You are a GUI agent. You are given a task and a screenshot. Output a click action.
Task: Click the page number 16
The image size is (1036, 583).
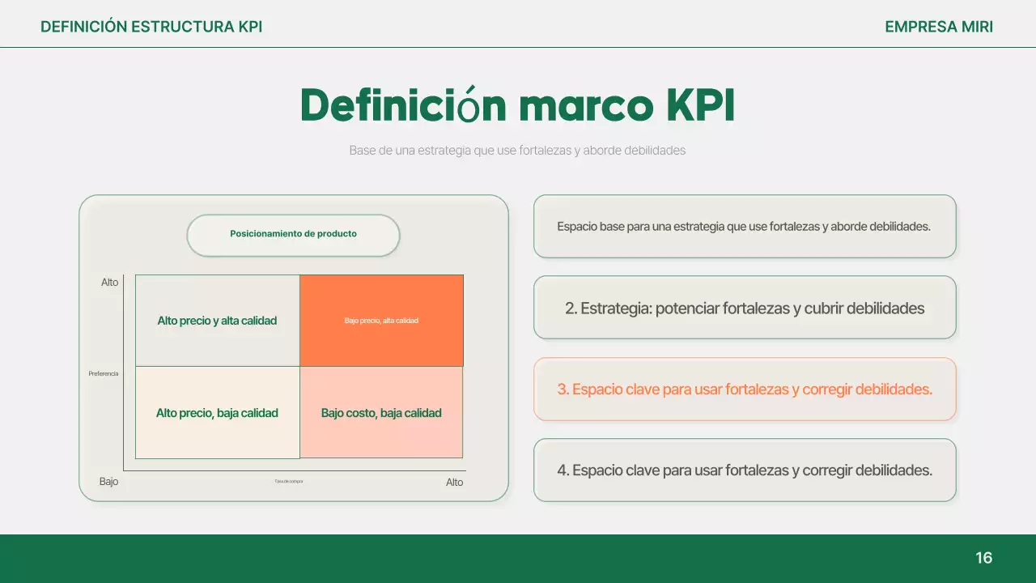click(x=983, y=558)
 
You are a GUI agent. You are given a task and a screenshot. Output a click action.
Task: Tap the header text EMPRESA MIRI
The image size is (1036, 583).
click(x=939, y=27)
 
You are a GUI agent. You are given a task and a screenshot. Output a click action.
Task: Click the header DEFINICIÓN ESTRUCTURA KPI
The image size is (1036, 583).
click(x=151, y=27)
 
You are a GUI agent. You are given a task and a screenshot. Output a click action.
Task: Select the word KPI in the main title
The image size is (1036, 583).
click(x=700, y=105)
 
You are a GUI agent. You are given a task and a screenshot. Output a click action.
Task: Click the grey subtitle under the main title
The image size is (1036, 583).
click(x=517, y=151)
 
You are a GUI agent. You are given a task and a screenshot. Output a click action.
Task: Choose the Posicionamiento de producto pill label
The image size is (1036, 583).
click(x=293, y=234)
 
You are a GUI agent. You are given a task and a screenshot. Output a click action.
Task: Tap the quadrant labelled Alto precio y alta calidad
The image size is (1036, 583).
click(x=217, y=321)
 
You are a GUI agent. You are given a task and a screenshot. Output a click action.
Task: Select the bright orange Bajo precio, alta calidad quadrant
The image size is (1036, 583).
click(x=381, y=321)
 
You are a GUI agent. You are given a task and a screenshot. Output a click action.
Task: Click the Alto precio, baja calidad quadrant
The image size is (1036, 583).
click(x=217, y=413)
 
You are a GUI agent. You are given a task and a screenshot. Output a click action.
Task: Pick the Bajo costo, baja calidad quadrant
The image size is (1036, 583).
click(x=381, y=413)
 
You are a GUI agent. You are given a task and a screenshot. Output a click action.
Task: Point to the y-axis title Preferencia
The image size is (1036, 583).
click(x=104, y=373)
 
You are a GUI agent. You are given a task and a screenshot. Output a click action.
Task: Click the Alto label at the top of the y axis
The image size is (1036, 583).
click(x=109, y=283)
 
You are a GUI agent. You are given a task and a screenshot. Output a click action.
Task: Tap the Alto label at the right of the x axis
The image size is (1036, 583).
click(x=454, y=482)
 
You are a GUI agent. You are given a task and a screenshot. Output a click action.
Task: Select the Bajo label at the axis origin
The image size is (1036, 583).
click(x=108, y=481)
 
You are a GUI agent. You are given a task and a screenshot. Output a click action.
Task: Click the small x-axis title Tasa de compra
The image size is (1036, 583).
click(x=288, y=481)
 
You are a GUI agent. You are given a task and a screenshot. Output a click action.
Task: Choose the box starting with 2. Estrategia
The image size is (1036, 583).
click(x=745, y=308)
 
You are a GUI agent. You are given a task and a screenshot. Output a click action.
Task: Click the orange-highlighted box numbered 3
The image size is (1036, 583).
click(x=745, y=389)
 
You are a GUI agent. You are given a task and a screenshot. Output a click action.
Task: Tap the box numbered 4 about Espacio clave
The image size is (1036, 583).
click(x=745, y=470)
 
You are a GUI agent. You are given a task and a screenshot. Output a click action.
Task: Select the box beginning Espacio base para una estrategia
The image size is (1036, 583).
click(x=745, y=227)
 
